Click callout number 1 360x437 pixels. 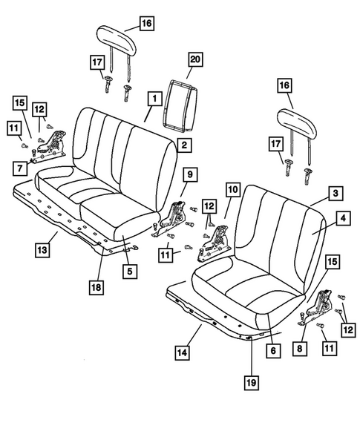(154, 97)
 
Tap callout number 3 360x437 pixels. (336, 193)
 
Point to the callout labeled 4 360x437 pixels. (343, 218)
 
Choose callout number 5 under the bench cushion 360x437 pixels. (130, 271)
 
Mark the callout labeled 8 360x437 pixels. (300, 348)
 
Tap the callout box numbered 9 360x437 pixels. (189, 174)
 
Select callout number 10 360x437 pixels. (232, 191)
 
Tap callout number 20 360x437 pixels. (195, 72)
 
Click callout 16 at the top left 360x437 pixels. (147, 23)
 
